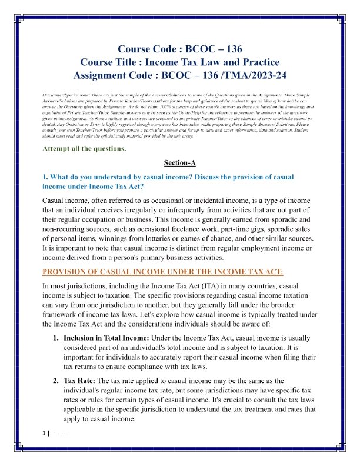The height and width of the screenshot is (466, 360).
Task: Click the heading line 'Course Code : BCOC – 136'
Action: pyautogui.click(x=179, y=49)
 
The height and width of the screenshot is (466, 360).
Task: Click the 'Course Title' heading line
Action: pyautogui.click(x=179, y=62)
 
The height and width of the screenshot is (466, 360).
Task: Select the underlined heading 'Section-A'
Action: pyautogui.click(x=181, y=162)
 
